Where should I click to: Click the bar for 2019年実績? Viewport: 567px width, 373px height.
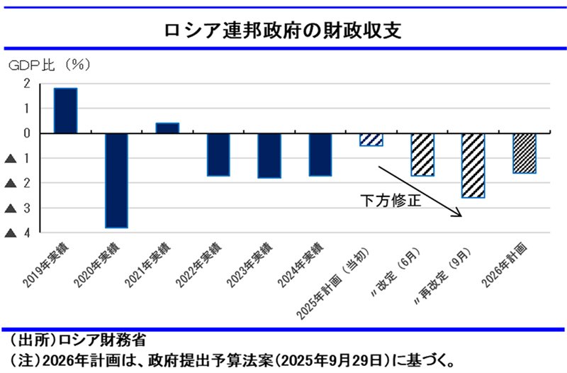pos(66,111)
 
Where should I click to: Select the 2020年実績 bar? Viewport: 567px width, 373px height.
pos(116,180)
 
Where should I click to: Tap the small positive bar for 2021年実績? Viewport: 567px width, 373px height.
pos(167,128)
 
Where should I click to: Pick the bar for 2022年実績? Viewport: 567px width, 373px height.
pos(218,155)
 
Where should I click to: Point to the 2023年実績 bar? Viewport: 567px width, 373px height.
pos(269,155)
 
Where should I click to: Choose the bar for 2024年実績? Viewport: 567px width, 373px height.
pos(320,155)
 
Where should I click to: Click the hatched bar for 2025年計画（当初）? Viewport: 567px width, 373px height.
pos(371,140)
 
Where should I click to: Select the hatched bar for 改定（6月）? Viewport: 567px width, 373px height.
pos(422,155)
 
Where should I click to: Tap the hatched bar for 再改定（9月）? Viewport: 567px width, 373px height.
pos(473,165)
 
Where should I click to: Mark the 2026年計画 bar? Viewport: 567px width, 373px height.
pos(524,153)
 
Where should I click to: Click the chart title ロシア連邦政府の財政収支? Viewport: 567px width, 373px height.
pos(283,30)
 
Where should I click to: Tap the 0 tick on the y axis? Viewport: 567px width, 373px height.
pos(27,133)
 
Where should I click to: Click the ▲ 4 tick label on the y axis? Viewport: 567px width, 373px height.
pos(20,233)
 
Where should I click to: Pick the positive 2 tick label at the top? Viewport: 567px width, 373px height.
pos(27,84)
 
